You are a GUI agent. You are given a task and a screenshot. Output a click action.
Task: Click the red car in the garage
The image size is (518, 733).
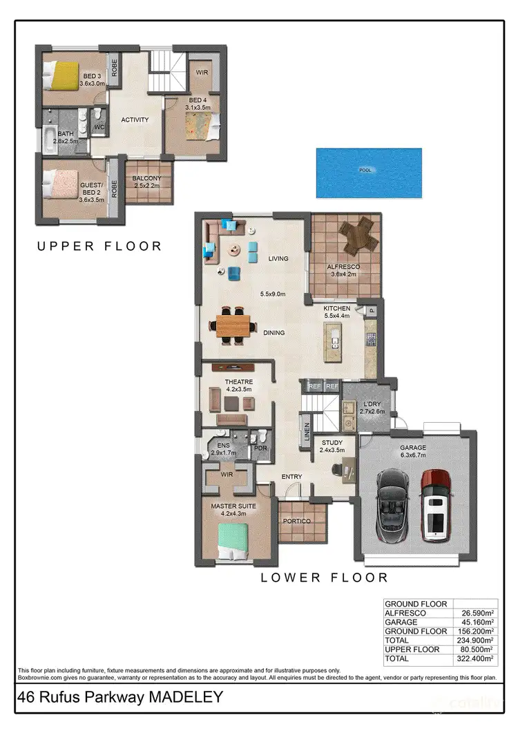pyautogui.click(x=437, y=505)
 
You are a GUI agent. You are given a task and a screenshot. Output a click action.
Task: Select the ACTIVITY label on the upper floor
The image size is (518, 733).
pyautogui.click(x=135, y=120)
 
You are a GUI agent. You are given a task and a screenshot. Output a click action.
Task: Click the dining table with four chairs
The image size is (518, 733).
pyautogui.click(x=235, y=325)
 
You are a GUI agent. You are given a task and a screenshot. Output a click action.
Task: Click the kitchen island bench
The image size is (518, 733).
pyautogui.click(x=335, y=343)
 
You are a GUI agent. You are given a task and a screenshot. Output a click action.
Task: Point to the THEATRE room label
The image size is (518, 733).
pyautogui.click(x=239, y=381)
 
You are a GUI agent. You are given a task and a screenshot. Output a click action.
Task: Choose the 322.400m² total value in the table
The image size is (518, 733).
pyautogui.click(x=477, y=659)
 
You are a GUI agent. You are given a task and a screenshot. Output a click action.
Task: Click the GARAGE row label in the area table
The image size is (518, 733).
pyautogui.click(x=402, y=622)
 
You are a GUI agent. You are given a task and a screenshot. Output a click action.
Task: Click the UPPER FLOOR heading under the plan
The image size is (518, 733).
pyautogui.click(x=100, y=245)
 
